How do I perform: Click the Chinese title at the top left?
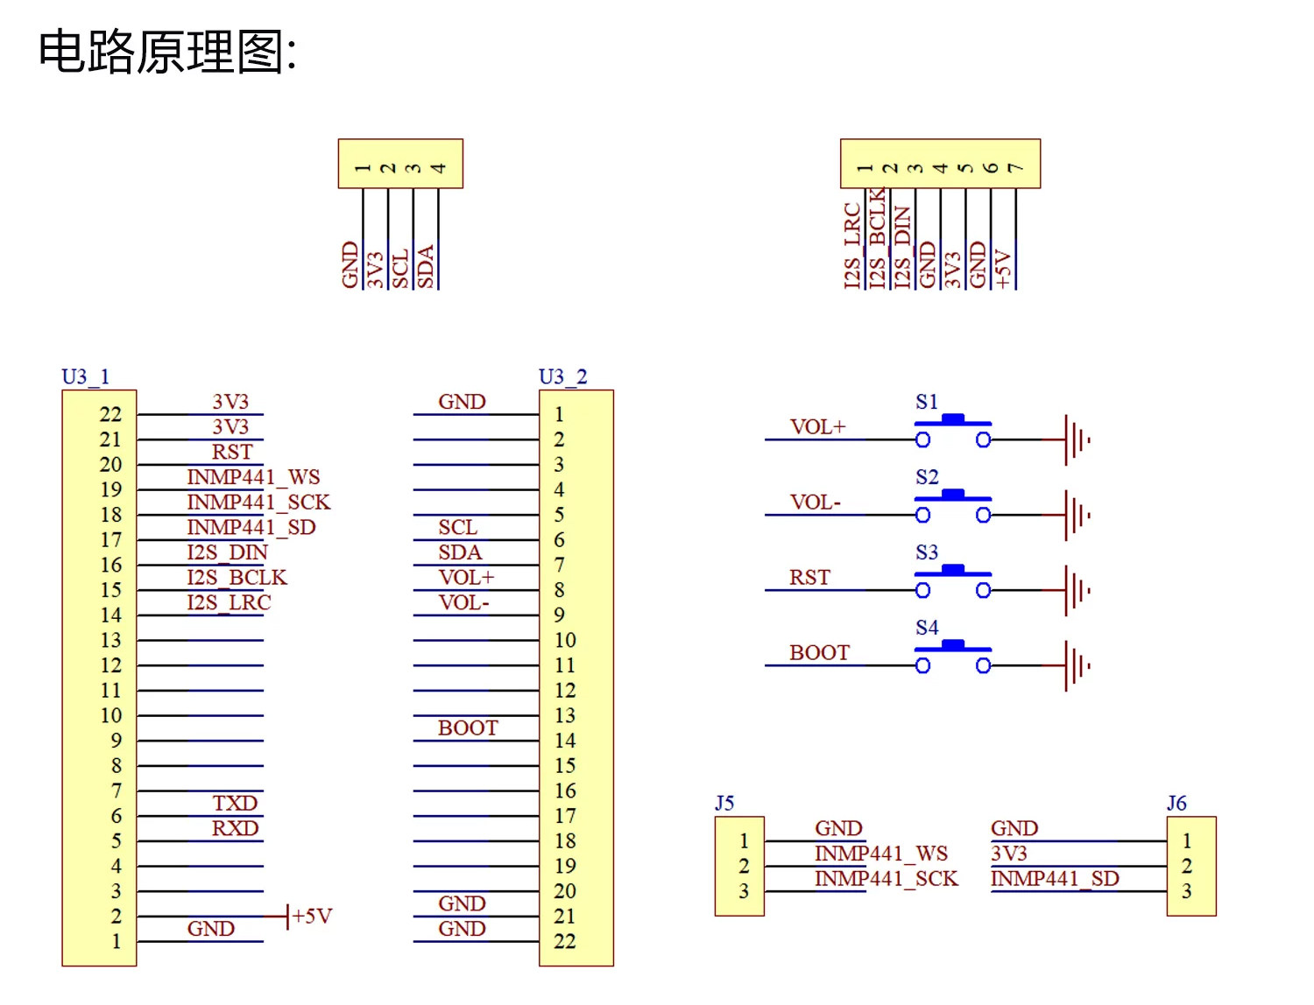click(167, 52)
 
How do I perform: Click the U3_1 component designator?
click(86, 376)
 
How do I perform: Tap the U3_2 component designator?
click(562, 376)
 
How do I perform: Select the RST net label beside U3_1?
click(231, 452)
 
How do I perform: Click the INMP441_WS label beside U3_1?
click(253, 477)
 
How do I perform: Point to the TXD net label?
click(235, 803)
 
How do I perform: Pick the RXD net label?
click(235, 828)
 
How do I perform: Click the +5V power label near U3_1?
click(312, 916)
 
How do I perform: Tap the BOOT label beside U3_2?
click(468, 728)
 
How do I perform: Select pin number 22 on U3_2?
click(564, 941)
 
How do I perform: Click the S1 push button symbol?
click(952, 430)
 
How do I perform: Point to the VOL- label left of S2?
click(815, 502)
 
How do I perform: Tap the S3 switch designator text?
click(927, 552)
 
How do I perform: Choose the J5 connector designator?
click(724, 803)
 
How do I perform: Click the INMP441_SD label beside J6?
click(1055, 878)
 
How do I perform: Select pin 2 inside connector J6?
click(1186, 866)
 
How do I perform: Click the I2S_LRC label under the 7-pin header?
click(851, 246)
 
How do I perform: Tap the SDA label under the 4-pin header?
click(425, 267)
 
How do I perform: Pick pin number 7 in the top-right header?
click(1016, 168)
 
